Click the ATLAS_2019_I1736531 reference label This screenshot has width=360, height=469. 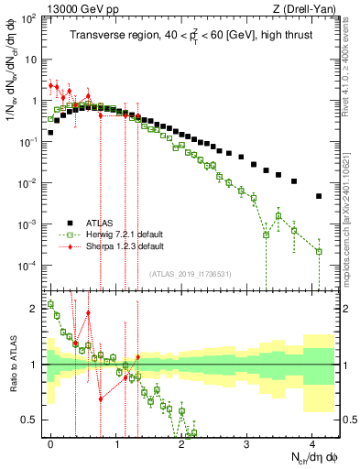[189, 275]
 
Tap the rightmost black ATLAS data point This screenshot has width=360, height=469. [319, 196]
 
